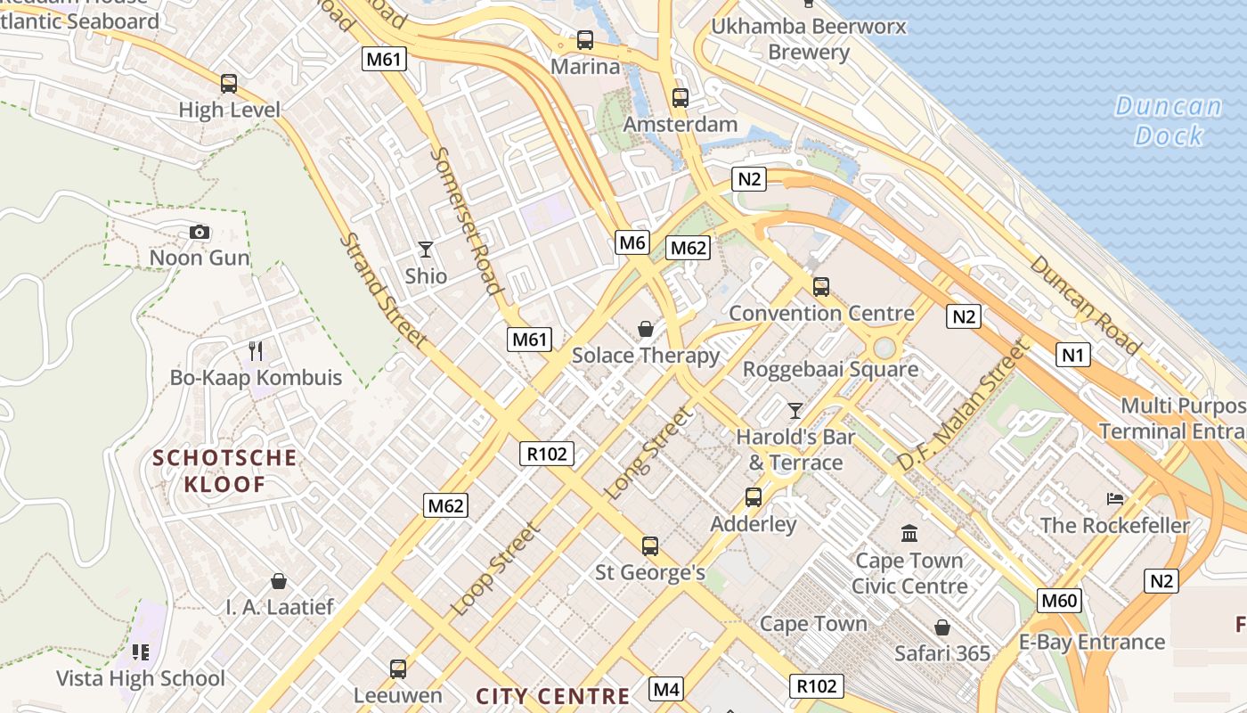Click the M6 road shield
point(632,242)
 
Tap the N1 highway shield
point(1073,355)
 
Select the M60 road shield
point(1059,600)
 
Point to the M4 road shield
point(666,689)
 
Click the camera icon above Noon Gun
point(200,233)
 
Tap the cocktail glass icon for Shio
point(426,250)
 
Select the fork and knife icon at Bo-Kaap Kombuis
point(256,351)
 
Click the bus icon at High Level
point(229,84)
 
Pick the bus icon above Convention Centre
point(820,287)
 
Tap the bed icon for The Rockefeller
point(1115,498)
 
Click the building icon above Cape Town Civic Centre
point(909,534)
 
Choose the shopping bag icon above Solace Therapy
point(646,330)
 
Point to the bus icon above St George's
point(650,545)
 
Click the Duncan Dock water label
point(1169,120)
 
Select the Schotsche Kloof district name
point(224,471)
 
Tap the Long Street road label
point(648,453)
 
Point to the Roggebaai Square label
point(830,369)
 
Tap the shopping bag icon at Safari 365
point(941,627)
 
